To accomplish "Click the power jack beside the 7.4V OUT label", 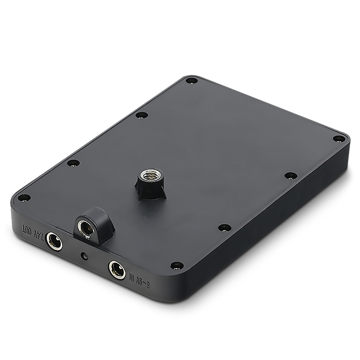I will [x=53, y=241].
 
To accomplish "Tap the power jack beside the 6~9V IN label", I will [x=117, y=269].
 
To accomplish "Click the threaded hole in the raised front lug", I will [x=85, y=227].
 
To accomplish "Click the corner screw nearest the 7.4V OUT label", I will [x=24, y=197].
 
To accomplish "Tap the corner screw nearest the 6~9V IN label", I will [x=176, y=265].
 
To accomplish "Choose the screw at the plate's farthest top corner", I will [x=191, y=80].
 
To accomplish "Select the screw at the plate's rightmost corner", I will [x=339, y=138].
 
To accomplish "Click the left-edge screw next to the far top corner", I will [x=142, y=115].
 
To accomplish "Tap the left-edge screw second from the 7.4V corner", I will [x=74, y=163].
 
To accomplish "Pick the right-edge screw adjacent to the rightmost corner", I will [x=291, y=176].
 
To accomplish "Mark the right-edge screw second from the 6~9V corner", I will [x=224, y=227].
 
